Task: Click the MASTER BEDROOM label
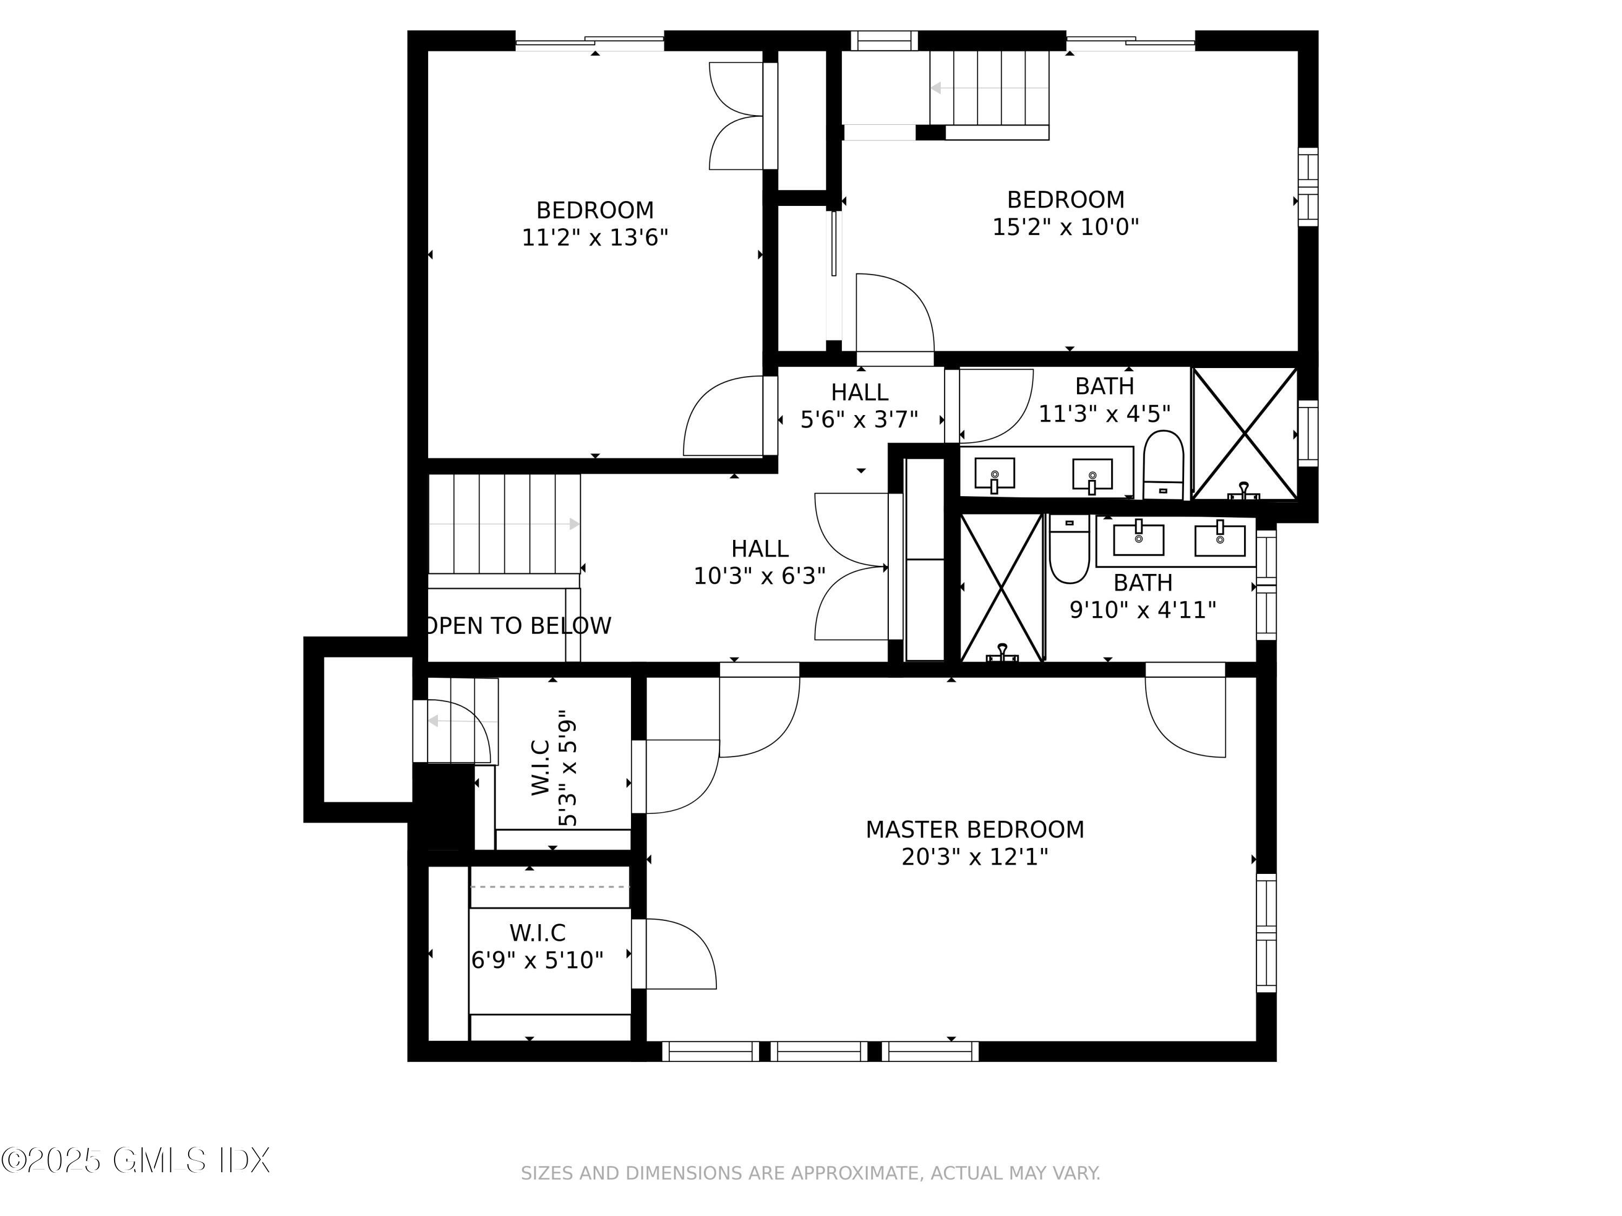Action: [x=974, y=830]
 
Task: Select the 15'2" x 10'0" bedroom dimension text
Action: [x=1066, y=227]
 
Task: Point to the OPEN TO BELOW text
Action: [x=518, y=626]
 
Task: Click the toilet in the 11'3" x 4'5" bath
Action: [x=1164, y=465]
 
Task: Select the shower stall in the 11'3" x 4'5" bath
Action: [x=1245, y=434]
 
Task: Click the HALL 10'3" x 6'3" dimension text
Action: [x=760, y=576]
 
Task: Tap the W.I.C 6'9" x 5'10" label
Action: [x=537, y=946]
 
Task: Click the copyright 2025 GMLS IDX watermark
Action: [x=136, y=1160]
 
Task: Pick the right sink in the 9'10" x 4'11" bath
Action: [x=1220, y=539]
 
